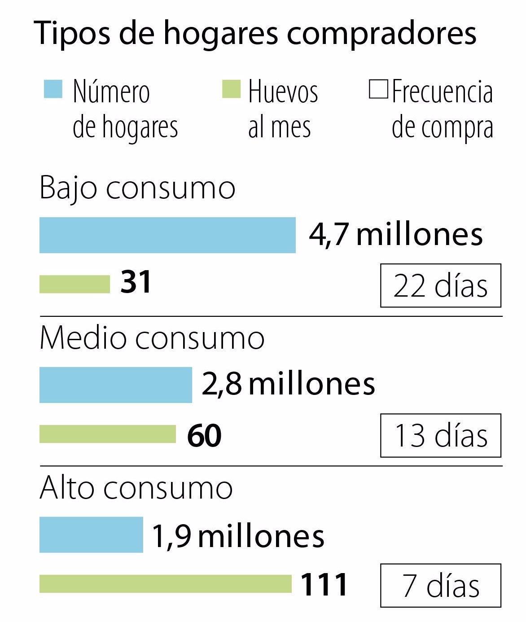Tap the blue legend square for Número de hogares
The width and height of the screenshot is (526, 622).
pyautogui.click(x=53, y=89)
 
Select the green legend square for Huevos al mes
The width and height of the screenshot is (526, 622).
pyautogui.click(x=231, y=89)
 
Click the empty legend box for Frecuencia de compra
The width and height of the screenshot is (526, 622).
pyautogui.click(x=378, y=89)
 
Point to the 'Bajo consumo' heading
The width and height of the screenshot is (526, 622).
pyautogui.click(x=137, y=188)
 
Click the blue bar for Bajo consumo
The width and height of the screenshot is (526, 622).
pyautogui.click(x=167, y=235)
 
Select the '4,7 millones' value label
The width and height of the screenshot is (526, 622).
pyautogui.click(x=395, y=234)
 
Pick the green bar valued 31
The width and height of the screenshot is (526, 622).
pyautogui.click(x=75, y=284)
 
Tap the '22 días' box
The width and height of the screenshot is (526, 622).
pyautogui.click(x=440, y=285)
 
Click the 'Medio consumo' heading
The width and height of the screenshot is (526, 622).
pyautogui.click(x=152, y=338)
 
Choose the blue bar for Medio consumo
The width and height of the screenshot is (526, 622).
pyautogui.click(x=115, y=385)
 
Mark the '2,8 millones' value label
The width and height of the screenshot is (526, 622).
pyautogui.click(x=288, y=384)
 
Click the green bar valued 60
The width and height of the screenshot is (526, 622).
pyautogui.click(x=108, y=434)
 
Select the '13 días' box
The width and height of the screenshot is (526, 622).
pyautogui.click(x=440, y=435)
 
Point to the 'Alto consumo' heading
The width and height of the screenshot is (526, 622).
pyautogui.click(x=136, y=488)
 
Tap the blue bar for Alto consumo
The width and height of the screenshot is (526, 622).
pyautogui.click(x=91, y=534)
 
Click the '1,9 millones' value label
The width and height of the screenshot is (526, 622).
pyautogui.click(x=238, y=536)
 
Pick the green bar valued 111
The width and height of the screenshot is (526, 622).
pyautogui.click(x=165, y=584)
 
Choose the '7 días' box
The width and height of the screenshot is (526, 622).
pyautogui.click(x=440, y=586)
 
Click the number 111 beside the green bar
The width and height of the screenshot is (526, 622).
pyautogui.click(x=324, y=585)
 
